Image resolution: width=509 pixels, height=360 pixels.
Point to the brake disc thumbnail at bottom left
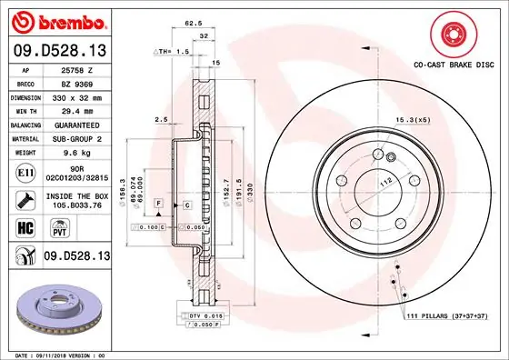click(x=55, y=304)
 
